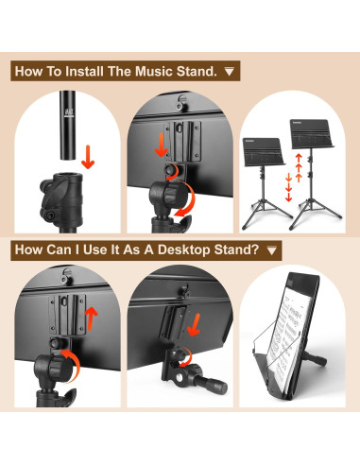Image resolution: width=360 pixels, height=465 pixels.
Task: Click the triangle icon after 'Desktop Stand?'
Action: click(x=272, y=250)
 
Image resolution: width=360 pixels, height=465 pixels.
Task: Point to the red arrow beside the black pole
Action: click(x=88, y=155)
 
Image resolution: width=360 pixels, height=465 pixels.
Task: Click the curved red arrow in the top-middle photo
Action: click(x=190, y=199)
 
